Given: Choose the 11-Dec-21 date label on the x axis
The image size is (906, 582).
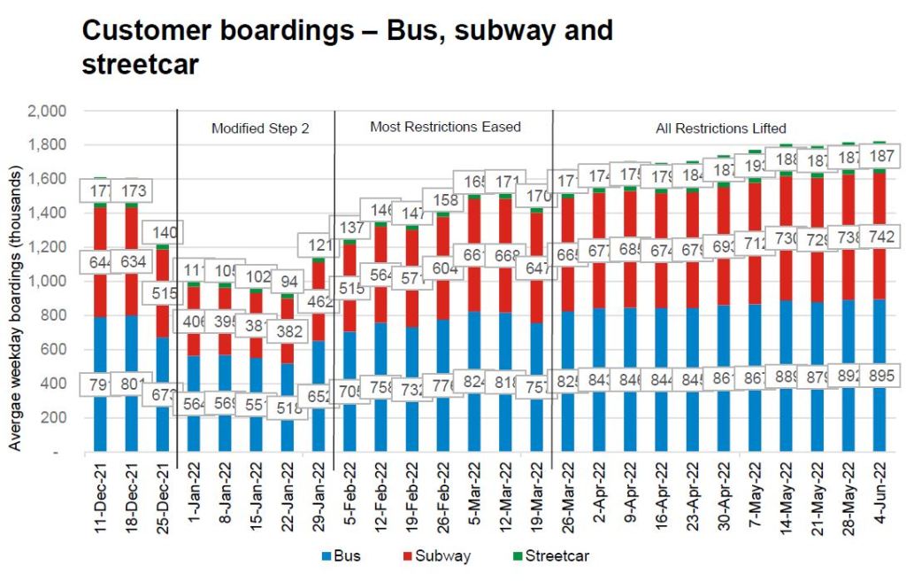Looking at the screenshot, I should click(x=100, y=500).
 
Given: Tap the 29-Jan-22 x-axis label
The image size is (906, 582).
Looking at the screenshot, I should click(x=320, y=500).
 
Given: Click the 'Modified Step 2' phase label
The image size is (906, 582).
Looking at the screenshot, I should click(x=260, y=128).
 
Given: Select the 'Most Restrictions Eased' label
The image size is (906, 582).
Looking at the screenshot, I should click(x=445, y=128).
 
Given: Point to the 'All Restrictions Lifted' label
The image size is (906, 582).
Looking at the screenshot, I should click(x=721, y=128).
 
